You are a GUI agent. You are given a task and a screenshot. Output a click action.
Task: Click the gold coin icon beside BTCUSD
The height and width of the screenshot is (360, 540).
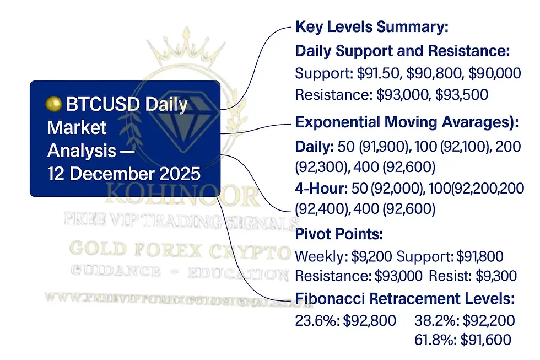[53, 104]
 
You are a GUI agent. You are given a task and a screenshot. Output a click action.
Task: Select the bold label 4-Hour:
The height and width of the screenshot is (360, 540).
[320, 189]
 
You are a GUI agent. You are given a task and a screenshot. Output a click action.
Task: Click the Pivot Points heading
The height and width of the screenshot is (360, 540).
[339, 234]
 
